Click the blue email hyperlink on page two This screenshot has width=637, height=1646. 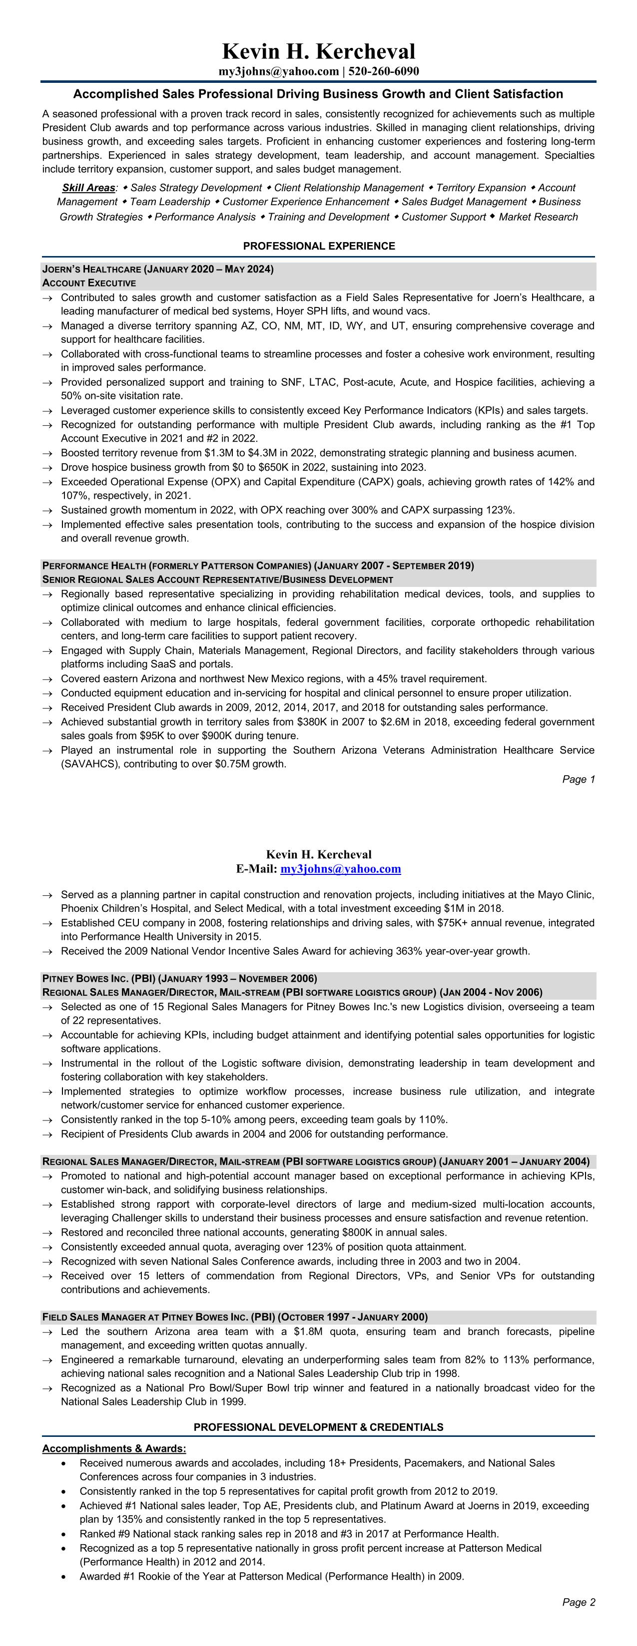click(x=340, y=868)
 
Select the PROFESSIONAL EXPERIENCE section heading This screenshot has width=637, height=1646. click(x=319, y=246)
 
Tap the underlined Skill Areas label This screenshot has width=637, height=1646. click(x=88, y=188)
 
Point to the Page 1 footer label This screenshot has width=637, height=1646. click(x=578, y=779)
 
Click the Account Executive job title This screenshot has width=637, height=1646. click(x=89, y=283)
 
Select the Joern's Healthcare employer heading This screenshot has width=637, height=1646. click(x=157, y=269)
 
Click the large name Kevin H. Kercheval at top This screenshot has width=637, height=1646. click(x=319, y=51)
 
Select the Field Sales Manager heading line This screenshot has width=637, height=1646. click(x=235, y=1317)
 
